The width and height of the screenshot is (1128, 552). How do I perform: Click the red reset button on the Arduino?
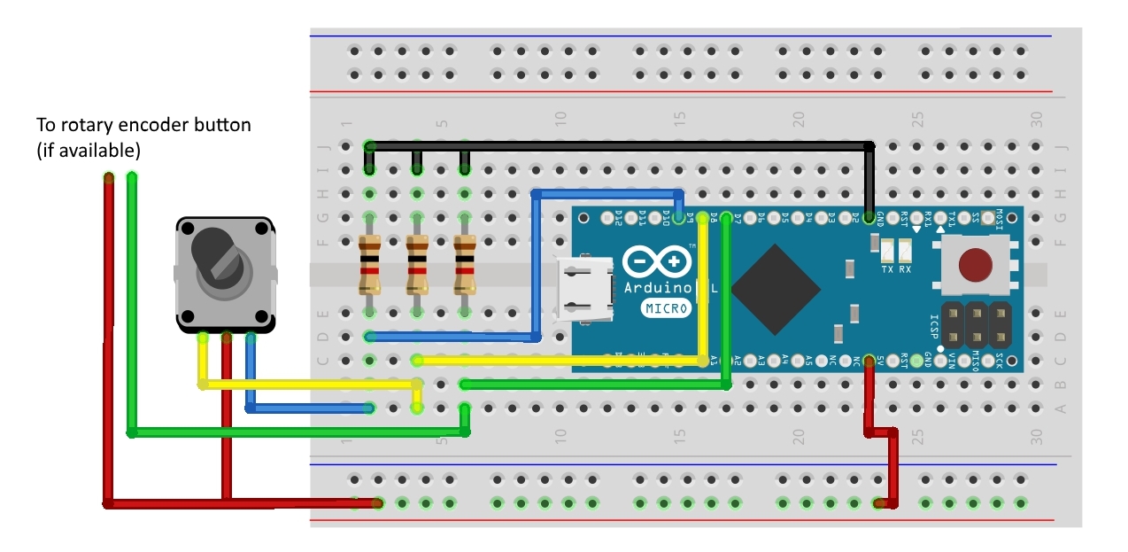point(976,264)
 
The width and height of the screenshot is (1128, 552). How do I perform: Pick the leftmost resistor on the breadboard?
point(369,265)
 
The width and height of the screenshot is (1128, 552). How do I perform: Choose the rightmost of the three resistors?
point(464,265)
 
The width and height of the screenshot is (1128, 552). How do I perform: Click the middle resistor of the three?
point(417,265)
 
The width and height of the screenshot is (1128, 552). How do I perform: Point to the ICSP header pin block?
point(976,325)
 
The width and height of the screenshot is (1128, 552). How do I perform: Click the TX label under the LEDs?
point(887,268)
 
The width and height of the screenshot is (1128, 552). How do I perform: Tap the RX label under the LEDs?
point(905,268)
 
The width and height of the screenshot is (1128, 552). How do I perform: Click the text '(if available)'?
point(89,151)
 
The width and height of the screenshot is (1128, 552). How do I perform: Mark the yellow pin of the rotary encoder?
point(203,337)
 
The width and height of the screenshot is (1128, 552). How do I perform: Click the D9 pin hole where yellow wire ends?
point(702,217)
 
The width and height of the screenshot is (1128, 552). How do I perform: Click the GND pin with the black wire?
point(869,217)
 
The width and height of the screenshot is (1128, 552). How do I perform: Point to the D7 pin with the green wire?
point(726,217)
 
